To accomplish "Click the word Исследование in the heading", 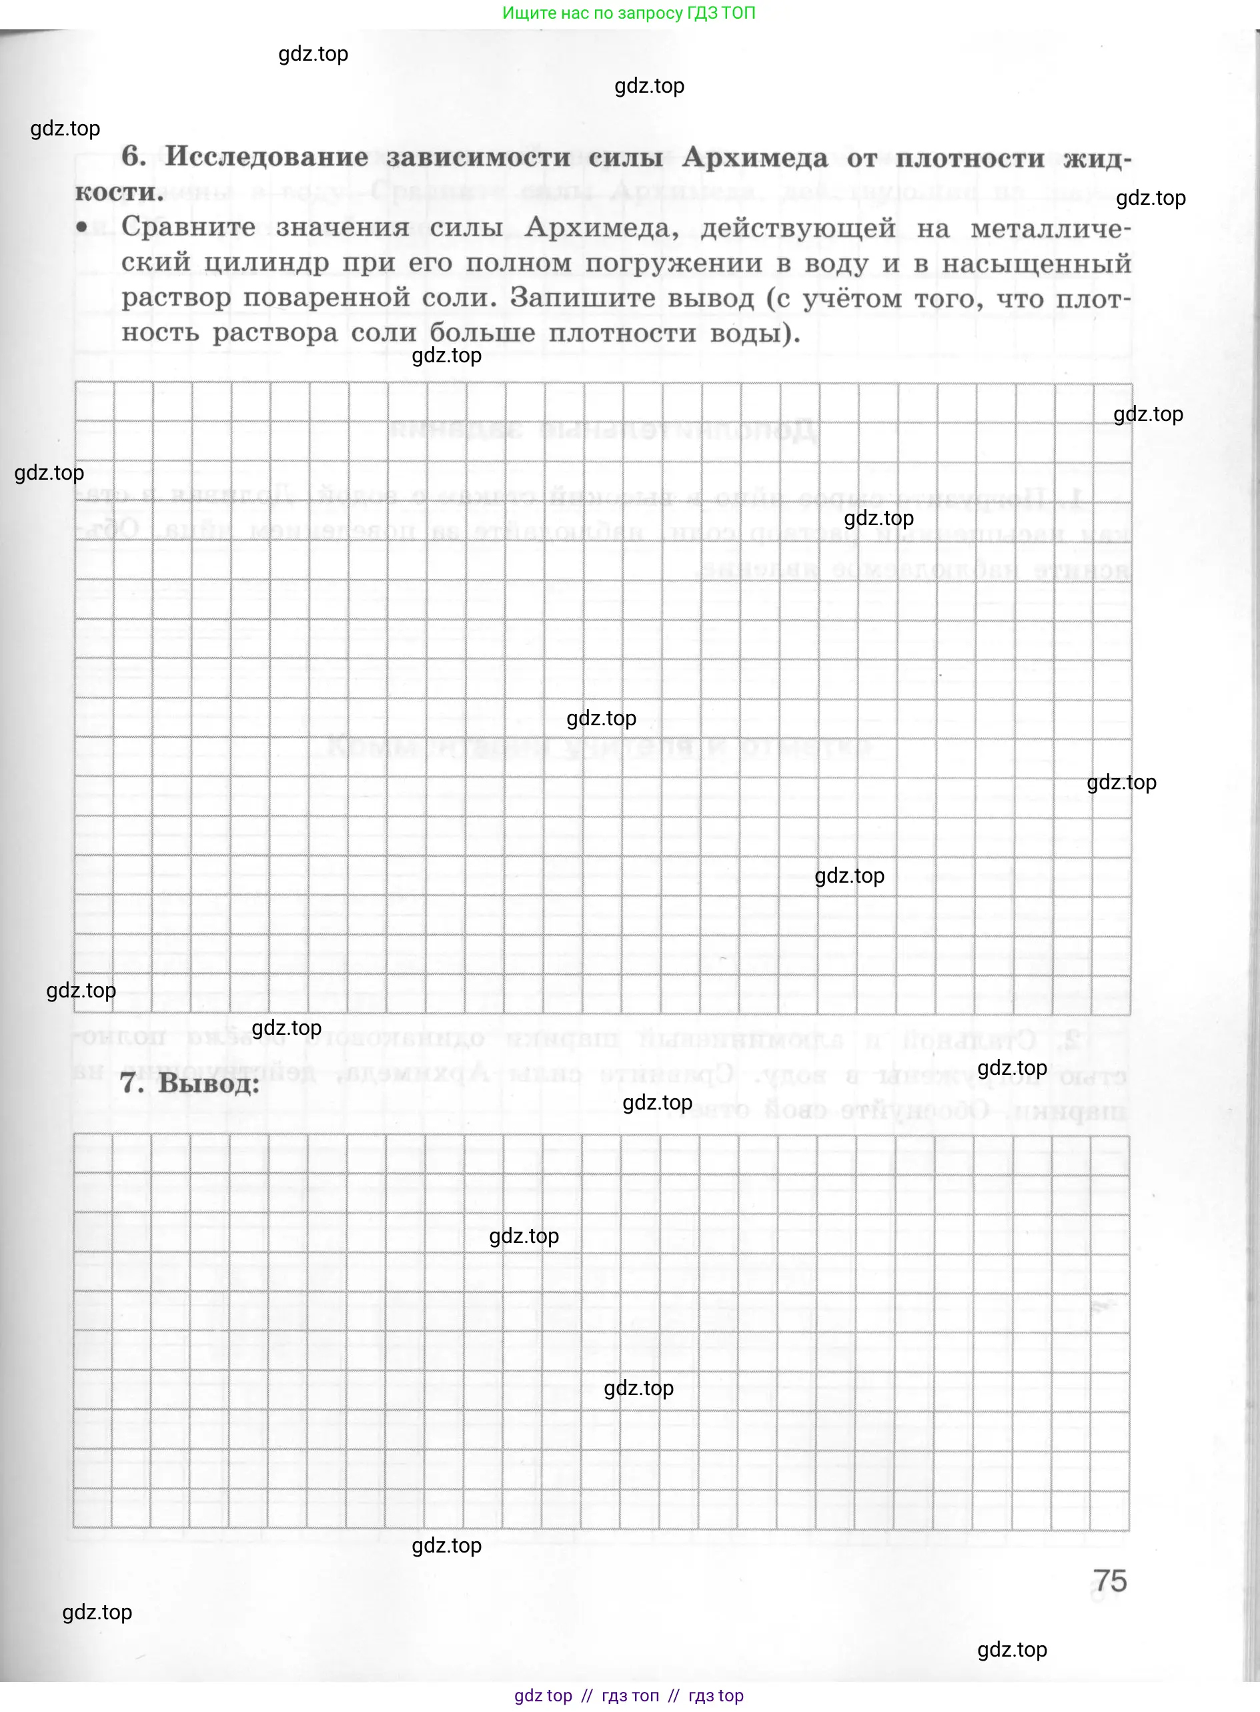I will point(267,157).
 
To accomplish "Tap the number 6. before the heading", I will point(133,156).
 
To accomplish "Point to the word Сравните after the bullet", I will point(188,227).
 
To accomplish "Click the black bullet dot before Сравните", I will point(82,227).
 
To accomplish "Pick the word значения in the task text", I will point(342,228).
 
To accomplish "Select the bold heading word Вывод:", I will point(208,1084).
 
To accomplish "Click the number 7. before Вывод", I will point(133,1084).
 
